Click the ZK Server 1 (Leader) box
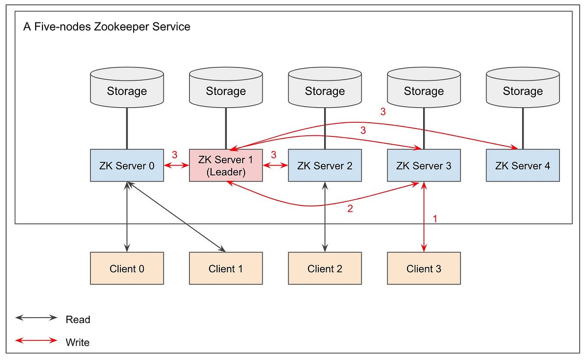click(226, 166)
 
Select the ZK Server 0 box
click(127, 166)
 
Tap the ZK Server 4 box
click(523, 166)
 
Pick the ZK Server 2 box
click(325, 166)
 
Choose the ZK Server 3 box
click(424, 166)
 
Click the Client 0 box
click(127, 268)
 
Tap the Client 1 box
click(226, 268)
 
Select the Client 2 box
click(325, 268)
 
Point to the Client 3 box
click(424, 268)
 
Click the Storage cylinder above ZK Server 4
click(523, 88)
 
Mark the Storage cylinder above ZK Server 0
click(127, 88)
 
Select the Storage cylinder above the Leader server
click(226, 88)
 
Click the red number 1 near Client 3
click(435, 219)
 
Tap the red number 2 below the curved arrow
click(349, 209)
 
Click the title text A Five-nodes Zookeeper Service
click(107, 26)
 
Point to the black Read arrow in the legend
click(37, 318)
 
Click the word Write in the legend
click(78, 342)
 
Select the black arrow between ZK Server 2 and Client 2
click(325, 217)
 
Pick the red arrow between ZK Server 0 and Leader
click(176, 166)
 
